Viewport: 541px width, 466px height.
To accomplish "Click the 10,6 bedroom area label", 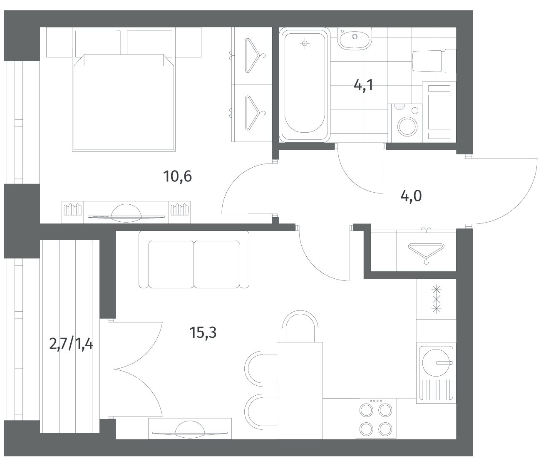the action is click(x=177, y=176).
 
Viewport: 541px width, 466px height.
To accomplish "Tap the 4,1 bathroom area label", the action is click(x=363, y=85).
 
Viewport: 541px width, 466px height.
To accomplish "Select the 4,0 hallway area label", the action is click(x=411, y=196).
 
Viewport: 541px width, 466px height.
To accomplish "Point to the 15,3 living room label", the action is click(x=203, y=332).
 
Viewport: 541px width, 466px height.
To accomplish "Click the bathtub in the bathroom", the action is click(x=305, y=84).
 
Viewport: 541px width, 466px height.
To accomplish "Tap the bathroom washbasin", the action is click(x=355, y=38).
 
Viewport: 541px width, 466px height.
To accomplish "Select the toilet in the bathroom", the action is click(x=434, y=61).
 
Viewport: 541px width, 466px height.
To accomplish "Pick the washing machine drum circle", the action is click(x=407, y=126).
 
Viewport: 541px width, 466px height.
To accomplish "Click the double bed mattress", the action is click(x=124, y=103).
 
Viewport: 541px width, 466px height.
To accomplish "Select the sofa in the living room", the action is click(x=194, y=260).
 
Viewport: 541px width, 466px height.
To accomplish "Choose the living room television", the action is click(x=190, y=431).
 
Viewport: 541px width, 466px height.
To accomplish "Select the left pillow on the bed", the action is click(x=98, y=43).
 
